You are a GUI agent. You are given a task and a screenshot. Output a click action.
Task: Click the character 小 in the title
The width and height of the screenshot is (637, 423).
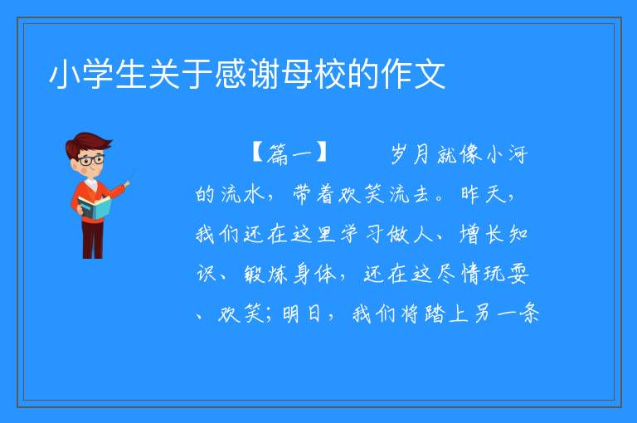point(65,74)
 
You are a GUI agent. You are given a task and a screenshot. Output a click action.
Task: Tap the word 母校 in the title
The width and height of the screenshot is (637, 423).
point(298,74)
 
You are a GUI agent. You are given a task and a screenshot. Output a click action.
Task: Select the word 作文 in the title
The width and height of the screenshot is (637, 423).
point(414,74)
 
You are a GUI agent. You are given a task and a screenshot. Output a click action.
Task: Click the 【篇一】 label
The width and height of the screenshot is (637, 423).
point(289,153)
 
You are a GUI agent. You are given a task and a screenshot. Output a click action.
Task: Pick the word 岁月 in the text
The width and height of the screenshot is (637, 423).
point(411,154)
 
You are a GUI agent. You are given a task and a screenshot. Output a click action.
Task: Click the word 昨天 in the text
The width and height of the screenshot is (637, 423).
point(484,193)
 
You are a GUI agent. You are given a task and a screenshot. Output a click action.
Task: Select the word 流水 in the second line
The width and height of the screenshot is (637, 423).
point(243,193)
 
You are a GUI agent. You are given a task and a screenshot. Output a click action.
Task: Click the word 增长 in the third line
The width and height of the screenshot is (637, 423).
point(482,234)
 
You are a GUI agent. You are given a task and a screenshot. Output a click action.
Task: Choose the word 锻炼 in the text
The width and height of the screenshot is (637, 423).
point(266,274)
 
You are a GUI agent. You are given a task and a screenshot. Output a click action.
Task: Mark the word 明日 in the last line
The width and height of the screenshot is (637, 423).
point(301,314)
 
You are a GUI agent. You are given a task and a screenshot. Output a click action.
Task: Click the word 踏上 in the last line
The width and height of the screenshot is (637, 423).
point(446,314)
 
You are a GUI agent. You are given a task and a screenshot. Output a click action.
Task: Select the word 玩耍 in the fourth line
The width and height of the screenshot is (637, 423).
point(506,274)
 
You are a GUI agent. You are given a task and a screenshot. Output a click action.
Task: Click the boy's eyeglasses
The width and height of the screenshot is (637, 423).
point(91,160)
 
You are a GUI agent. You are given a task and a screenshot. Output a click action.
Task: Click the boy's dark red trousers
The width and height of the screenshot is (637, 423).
point(92,240)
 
